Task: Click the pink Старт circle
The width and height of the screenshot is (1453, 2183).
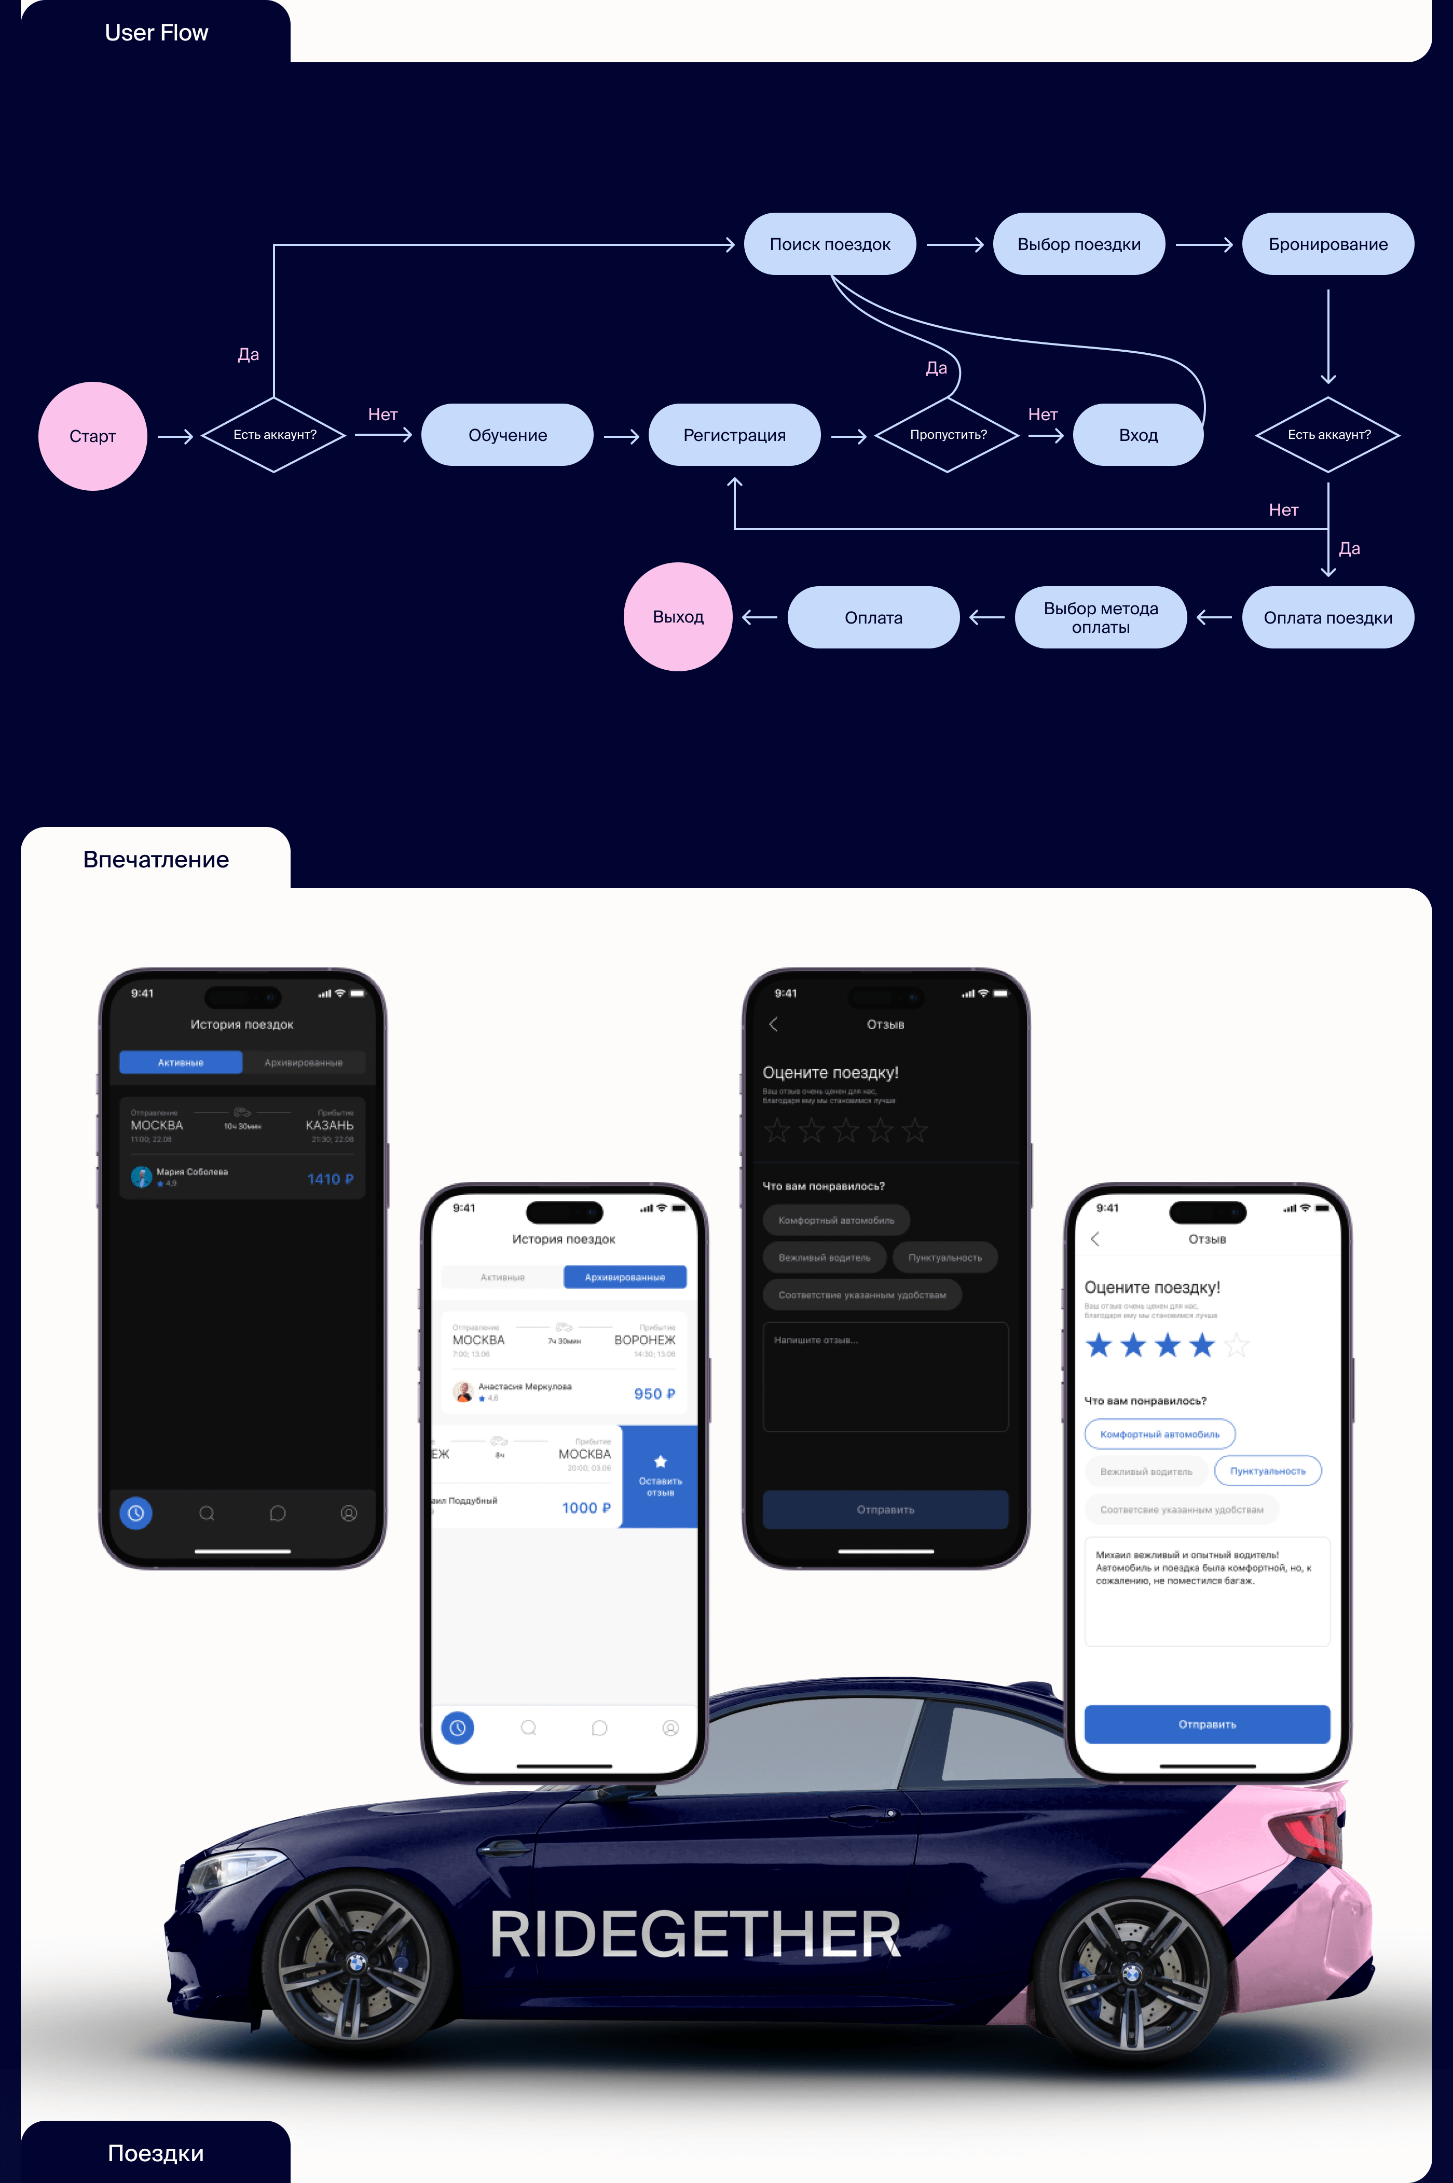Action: pos(93,436)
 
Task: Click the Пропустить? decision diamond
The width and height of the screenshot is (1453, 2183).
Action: pos(947,434)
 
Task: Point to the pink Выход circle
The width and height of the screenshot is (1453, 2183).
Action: pos(678,617)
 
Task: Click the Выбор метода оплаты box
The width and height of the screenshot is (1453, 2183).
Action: pos(1100,618)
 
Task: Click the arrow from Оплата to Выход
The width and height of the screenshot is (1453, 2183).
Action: pos(760,617)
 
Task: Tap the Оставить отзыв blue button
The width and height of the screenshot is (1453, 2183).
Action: pos(660,1475)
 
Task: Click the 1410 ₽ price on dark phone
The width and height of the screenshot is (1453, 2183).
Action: pos(330,1179)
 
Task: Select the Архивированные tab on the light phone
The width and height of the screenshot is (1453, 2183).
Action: pos(625,1277)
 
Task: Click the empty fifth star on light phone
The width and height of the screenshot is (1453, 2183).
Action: pos(1236,1345)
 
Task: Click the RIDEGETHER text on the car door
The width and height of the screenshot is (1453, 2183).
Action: pos(694,1935)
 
